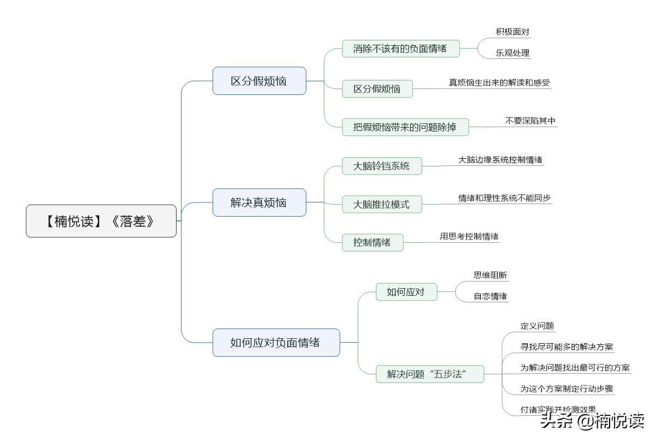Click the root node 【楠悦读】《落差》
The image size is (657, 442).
(101, 221)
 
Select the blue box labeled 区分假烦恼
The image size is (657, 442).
(259, 81)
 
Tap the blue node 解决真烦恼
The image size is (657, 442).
(259, 202)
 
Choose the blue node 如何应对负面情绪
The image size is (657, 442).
(275, 343)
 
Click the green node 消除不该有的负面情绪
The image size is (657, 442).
(400, 49)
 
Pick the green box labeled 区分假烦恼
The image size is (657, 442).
(377, 89)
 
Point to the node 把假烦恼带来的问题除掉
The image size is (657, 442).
(405, 127)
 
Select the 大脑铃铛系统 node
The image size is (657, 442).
(382, 166)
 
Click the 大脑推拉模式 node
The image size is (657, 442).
(382, 205)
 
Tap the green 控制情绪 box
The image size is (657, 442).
(372, 242)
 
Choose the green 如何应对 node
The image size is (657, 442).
(406, 292)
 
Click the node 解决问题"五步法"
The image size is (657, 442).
(430, 374)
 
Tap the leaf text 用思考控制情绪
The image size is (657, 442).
(469, 236)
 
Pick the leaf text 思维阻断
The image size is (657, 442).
(490, 275)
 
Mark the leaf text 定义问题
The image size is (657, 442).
(537, 326)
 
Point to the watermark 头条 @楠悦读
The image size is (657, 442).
(592, 421)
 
